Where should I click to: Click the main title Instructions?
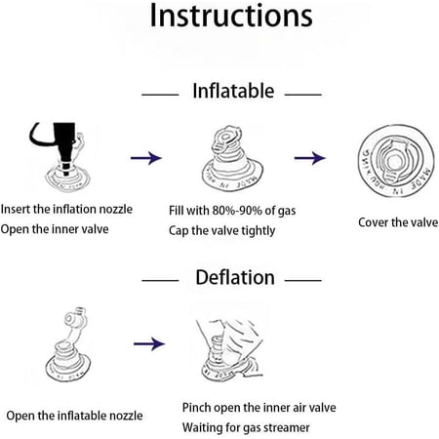[231, 16]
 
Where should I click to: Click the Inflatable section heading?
[233, 91]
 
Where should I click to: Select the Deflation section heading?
[235, 277]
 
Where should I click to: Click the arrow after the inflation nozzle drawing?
[146, 158]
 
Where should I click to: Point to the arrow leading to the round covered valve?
[310, 158]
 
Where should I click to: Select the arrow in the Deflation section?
[149, 343]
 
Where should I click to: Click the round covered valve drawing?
[396, 161]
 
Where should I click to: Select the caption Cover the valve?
[398, 222]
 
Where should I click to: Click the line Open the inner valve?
[55, 229]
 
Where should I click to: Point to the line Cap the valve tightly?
[221, 230]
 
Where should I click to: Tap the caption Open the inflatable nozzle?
[74, 416]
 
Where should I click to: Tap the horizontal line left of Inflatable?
[160, 95]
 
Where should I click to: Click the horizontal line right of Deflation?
[303, 280]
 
